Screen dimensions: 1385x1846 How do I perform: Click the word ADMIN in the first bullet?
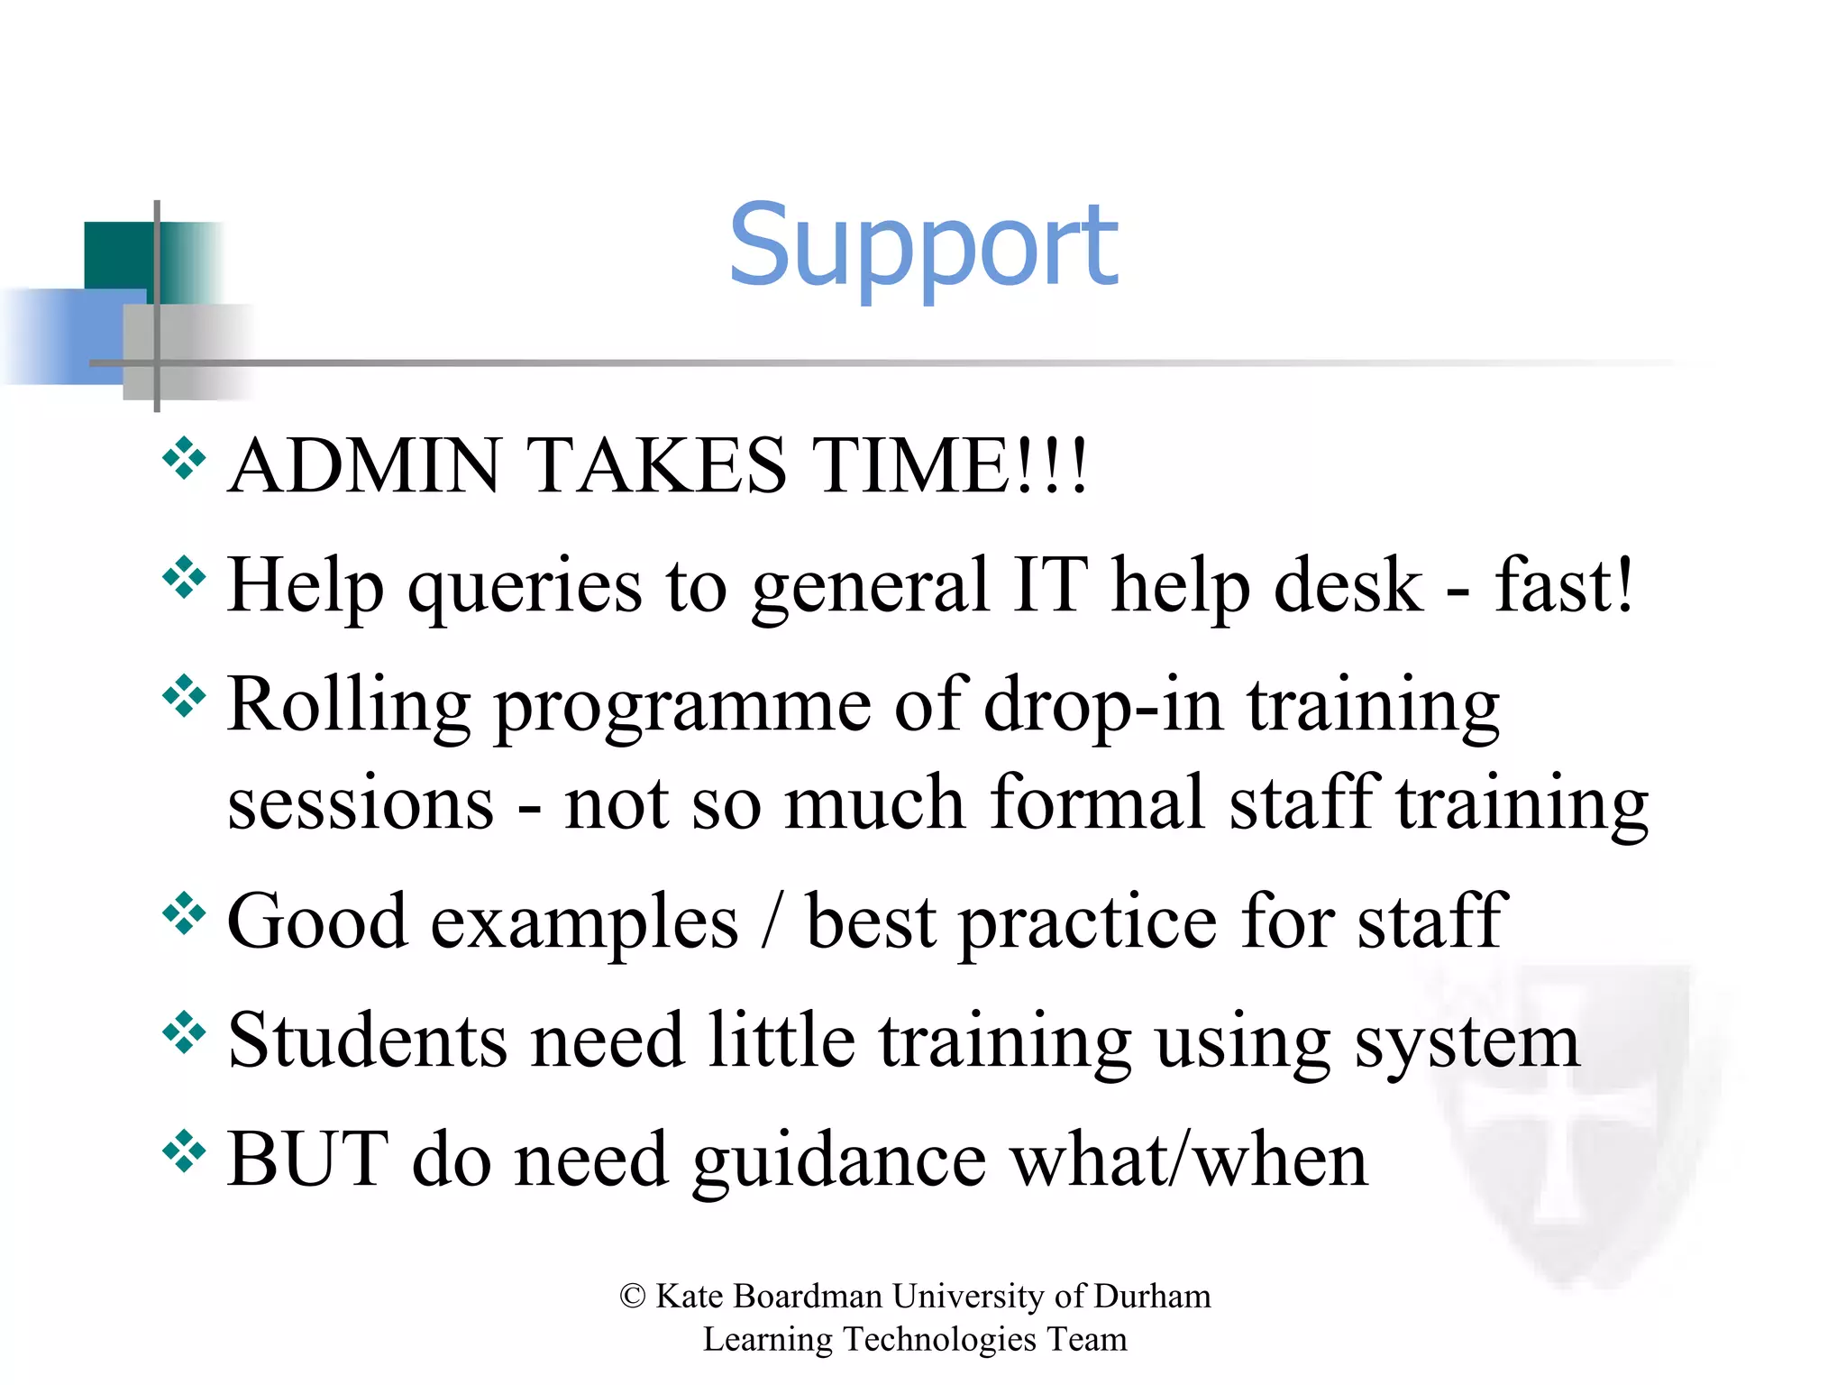pos(364,466)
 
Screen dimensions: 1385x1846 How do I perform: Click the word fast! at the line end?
pos(1564,585)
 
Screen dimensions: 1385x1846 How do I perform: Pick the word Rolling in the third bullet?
pos(348,707)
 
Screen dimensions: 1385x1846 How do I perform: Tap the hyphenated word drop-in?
pos(1103,707)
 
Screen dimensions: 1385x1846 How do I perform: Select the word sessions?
pos(361,805)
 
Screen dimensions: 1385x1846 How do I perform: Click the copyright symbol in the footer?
pos(633,1297)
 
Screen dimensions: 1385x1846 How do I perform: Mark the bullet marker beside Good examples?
pos(184,914)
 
